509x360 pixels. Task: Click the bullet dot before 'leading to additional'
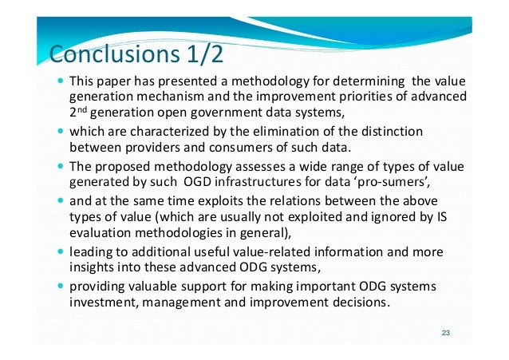point(62,251)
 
